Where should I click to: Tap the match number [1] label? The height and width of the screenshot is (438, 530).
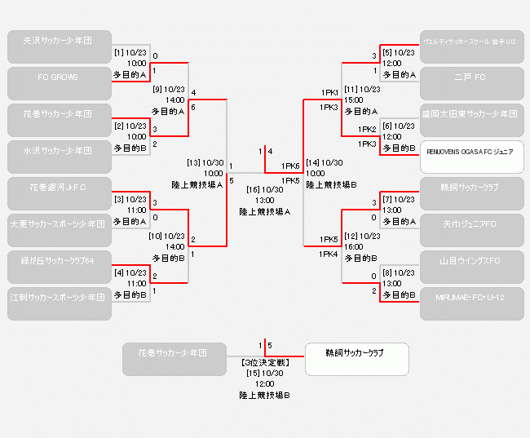(119, 52)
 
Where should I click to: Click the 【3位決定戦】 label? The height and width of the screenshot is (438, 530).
(264, 361)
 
